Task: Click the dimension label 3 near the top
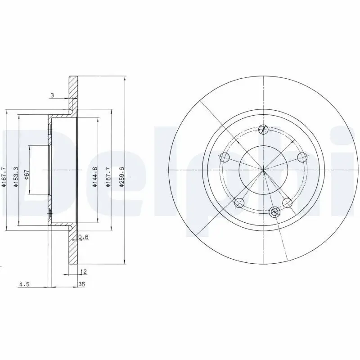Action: pos(52,95)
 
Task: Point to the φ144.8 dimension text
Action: pos(95,175)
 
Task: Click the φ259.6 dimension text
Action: pos(121,175)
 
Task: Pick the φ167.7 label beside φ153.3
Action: pos(4,175)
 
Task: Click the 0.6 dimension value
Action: pos(83,237)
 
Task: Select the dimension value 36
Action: pos(81,284)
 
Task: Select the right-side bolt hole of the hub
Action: pos(303,157)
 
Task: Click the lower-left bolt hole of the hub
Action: pos(239,202)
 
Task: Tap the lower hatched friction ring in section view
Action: pos(72,250)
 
